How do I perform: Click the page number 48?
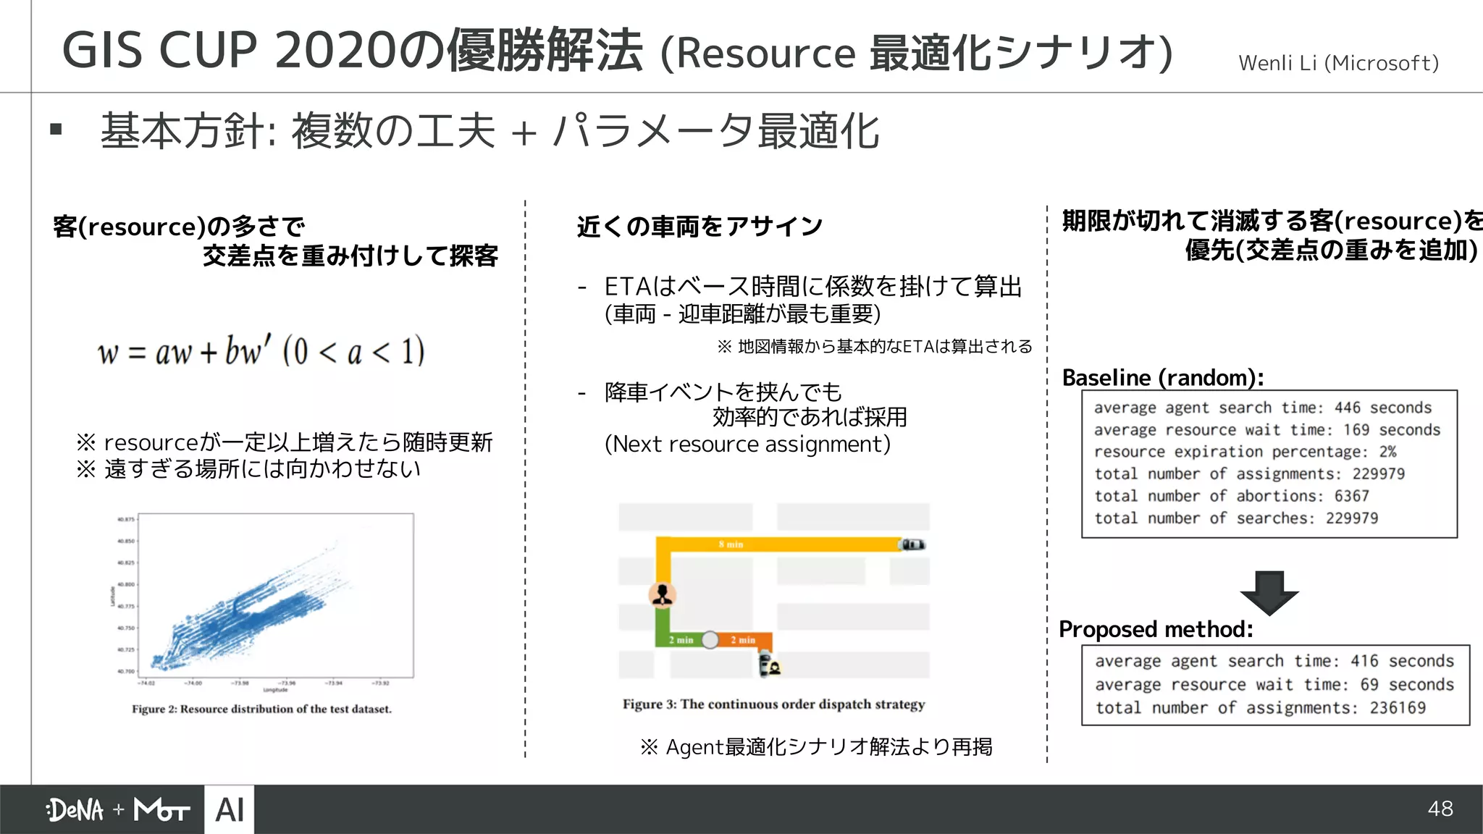pyautogui.click(x=1440, y=809)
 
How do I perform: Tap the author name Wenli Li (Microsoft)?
pyautogui.click(x=1338, y=64)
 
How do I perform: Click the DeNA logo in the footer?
pyautogui.click(x=75, y=809)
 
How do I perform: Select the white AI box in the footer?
pyautogui.click(x=230, y=809)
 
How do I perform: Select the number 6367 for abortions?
pyautogui.click(x=1351, y=496)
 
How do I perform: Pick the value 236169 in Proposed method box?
pyautogui.click(x=1397, y=707)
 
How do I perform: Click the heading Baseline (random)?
pyautogui.click(x=1162, y=378)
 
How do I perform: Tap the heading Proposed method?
pyautogui.click(x=1156, y=629)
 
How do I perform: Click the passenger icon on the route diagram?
pyautogui.click(x=662, y=595)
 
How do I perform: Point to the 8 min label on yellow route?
pyautogui.click(x=731, y=544)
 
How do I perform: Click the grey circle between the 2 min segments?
pyautogui.click(x=710, y=640)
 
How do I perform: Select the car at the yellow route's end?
pyautogui.click(x=912, y=544)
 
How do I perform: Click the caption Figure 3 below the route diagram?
pyautogui.click(x=773, y=704)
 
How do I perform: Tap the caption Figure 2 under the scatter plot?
pyautogui.click(x=261, y=709)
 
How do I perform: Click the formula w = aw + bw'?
pyautogui.click(x=261, y=352)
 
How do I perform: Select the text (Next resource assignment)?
pyautogui.click(x=747, y=444)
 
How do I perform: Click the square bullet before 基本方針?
pyautogui.click(x=56, y=130)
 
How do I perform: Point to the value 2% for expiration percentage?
pyautogui.click(x=1387, y=452)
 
